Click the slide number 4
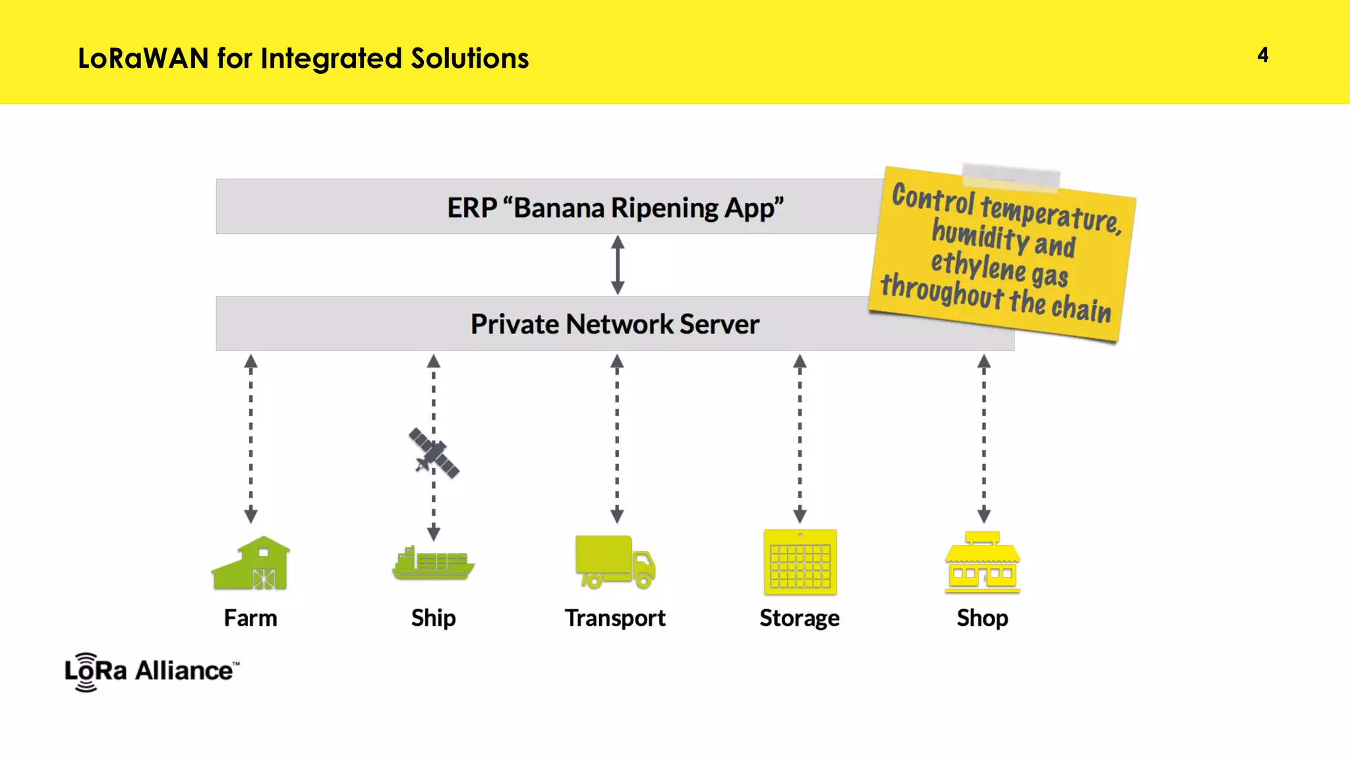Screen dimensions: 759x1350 tap(1262, 55)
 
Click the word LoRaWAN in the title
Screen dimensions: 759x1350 tap(143, 59)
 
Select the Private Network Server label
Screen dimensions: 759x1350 tap(614, 324)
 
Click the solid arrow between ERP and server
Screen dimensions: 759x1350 tap(618, 265)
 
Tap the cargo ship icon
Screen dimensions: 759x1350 tap(432, 564)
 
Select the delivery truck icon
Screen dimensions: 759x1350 tap(614, 561)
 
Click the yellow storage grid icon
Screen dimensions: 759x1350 tap(800, 562)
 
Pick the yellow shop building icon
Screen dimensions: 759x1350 tap(982, 563)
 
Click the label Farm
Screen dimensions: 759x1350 tap(250, 618)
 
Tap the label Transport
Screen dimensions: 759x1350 tap(614, 618)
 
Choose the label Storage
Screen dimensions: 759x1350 tap(799, 618)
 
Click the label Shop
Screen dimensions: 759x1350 tap(982, 618)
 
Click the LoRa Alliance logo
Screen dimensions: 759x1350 tap(152, 671)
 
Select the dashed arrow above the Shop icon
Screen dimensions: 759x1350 tap(983, 438)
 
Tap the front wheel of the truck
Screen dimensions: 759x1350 tap(644, 580)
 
